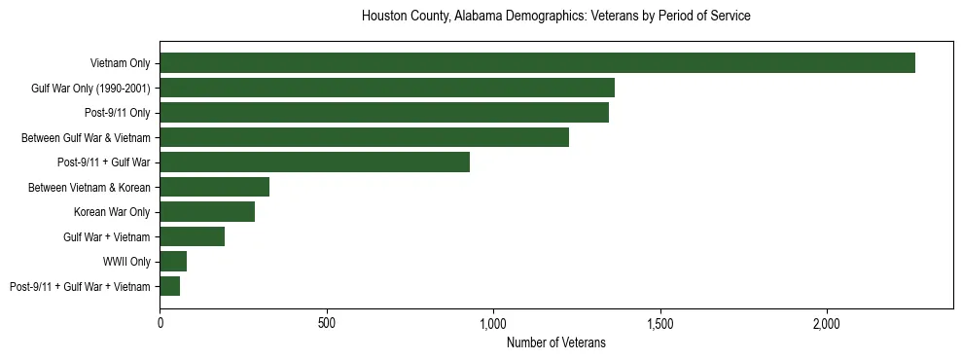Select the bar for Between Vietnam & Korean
[214, 187]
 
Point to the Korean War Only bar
[207, 211]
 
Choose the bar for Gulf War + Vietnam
[192, 236]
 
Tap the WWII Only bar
[173, 261]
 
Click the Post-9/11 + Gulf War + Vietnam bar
[169, 286]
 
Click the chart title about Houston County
[555, 17]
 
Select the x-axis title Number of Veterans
[555, 342]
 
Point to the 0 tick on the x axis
[160, 322]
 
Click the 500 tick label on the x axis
[327, 322]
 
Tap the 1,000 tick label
[493, 322]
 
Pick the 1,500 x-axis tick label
[660, 322]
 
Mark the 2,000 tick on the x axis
[827, 322]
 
